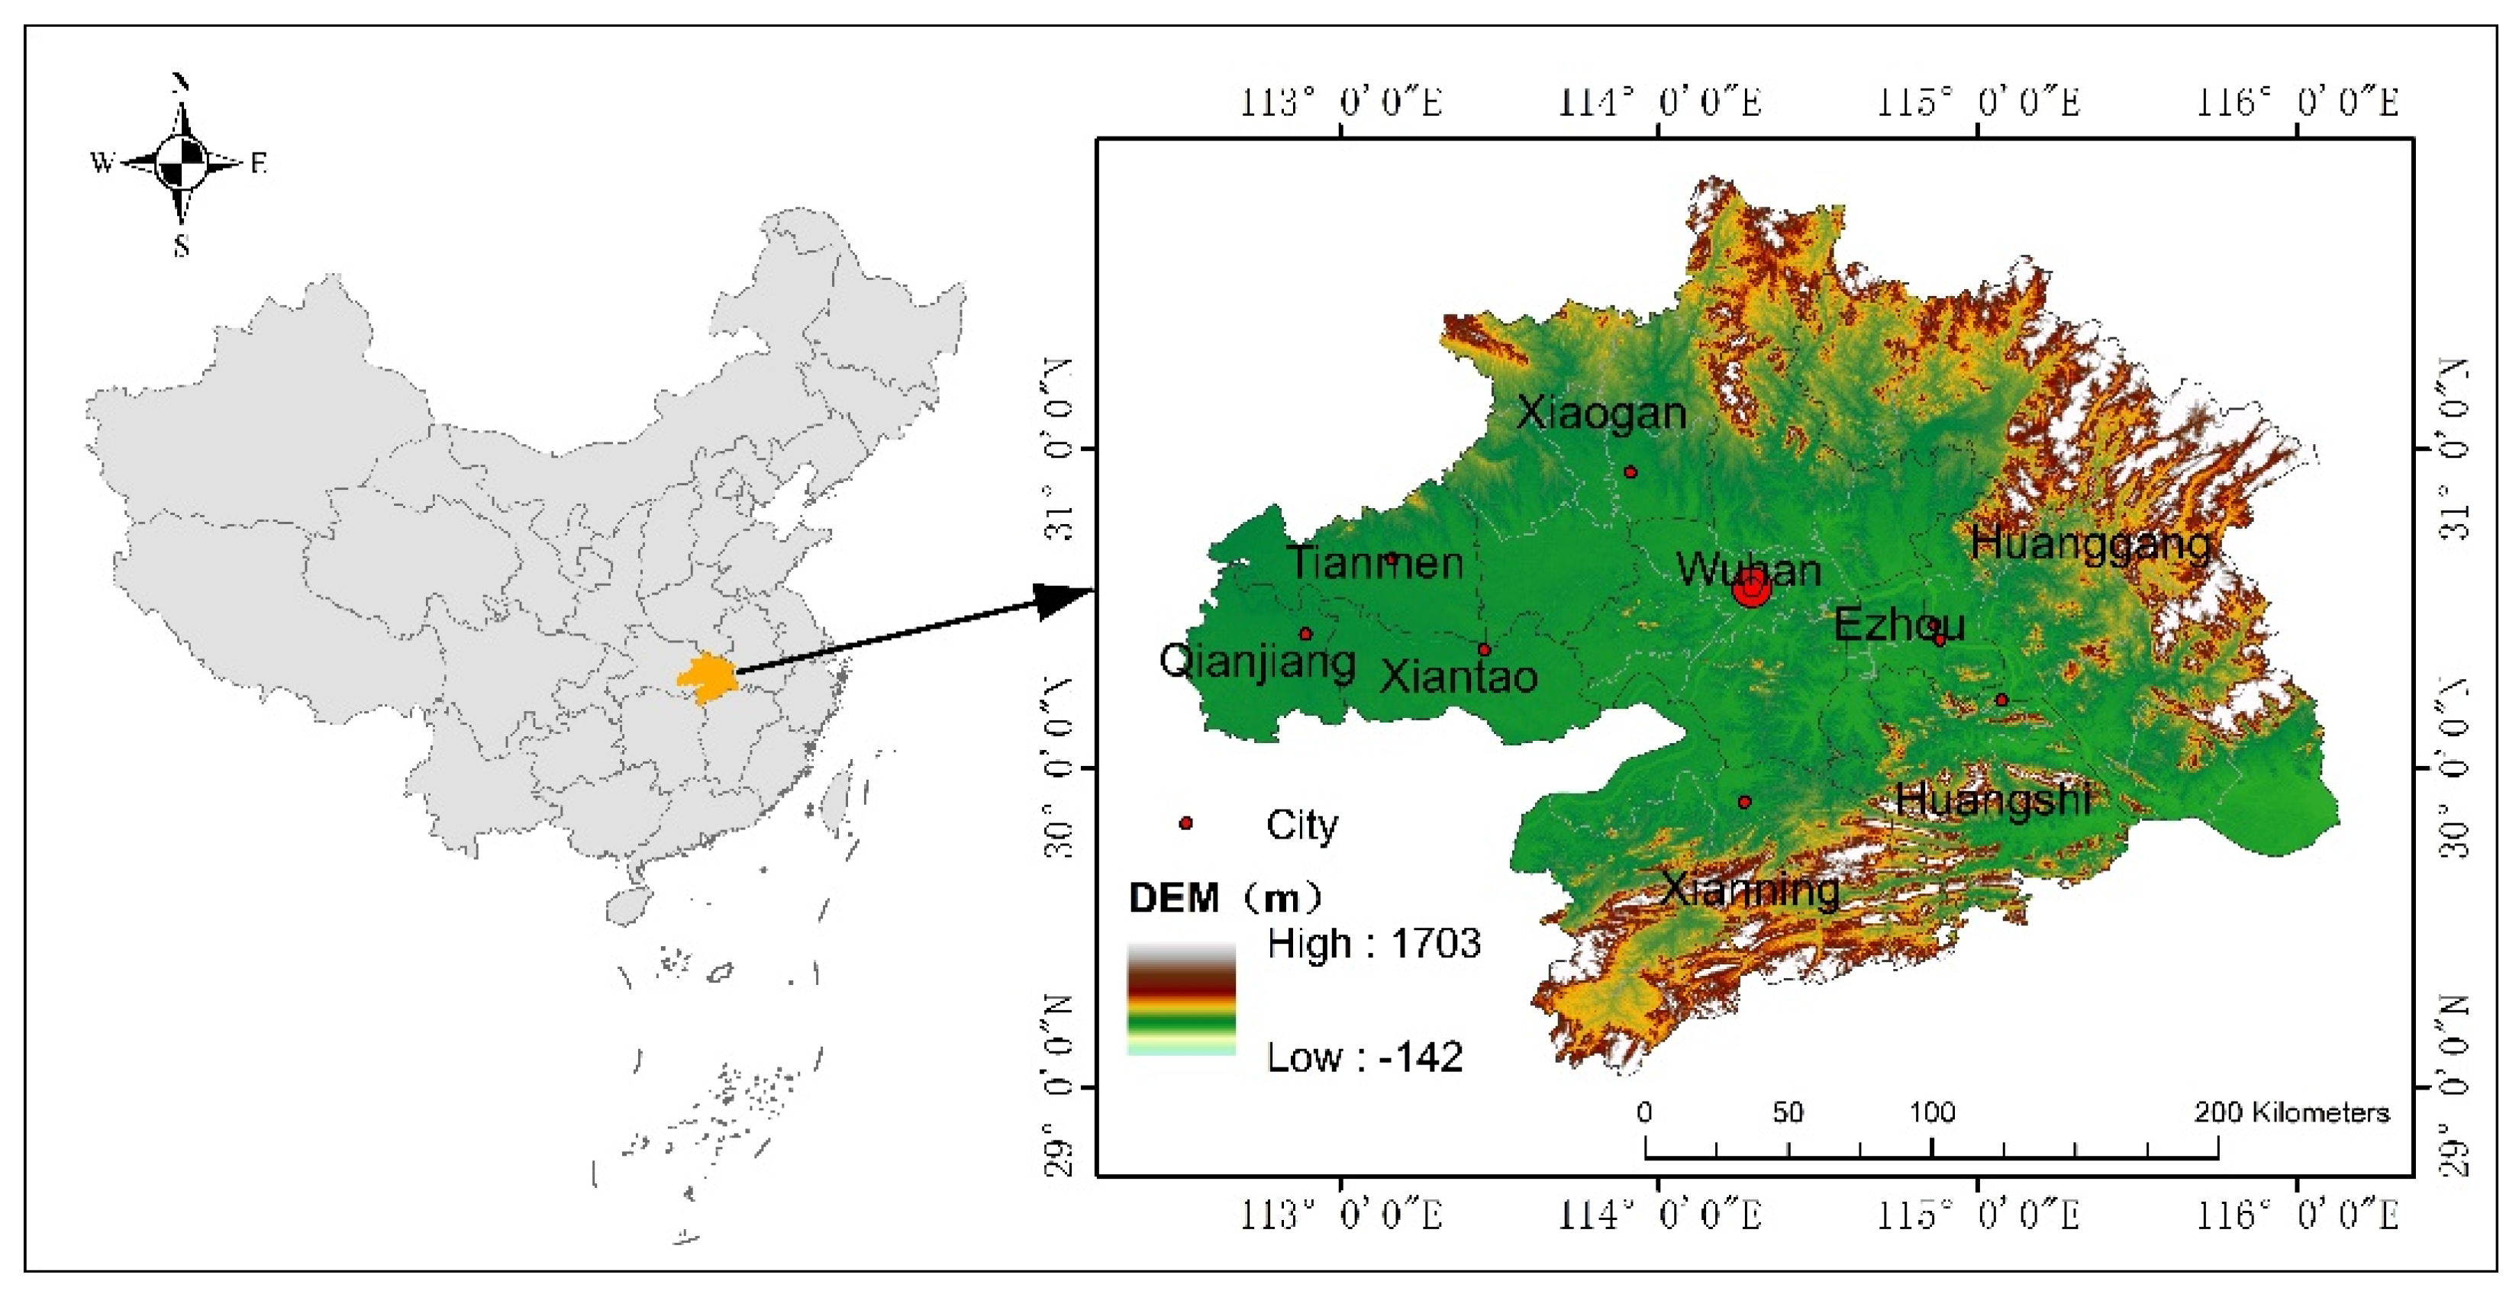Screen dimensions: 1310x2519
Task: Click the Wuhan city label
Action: coord(1749,569)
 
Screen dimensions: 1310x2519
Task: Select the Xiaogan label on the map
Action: coord(1601,414)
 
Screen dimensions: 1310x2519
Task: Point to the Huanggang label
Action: coord(2091,543)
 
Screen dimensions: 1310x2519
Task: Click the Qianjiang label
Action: coord(1256,661)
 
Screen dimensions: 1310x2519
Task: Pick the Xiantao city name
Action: coord(1458,675)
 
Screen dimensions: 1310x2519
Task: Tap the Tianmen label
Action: coord(1375,562)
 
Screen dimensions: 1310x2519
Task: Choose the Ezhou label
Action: coord(1898,623)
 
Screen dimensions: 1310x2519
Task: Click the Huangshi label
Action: coord(1993,800)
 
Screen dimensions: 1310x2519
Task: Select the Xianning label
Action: coord(1750,889)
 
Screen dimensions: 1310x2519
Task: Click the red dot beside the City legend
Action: coord(1186,823)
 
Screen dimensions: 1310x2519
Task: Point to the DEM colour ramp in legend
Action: coord(1182,998)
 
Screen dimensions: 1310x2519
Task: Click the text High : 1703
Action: coord(1373,943)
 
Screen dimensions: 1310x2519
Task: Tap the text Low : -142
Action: coord(1364,1057)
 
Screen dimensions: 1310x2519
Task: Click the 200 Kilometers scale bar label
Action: coord(2292,1112)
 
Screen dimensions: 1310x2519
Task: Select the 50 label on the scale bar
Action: coord(1788,1112)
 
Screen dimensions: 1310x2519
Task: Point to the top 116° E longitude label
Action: coord(2298,101)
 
